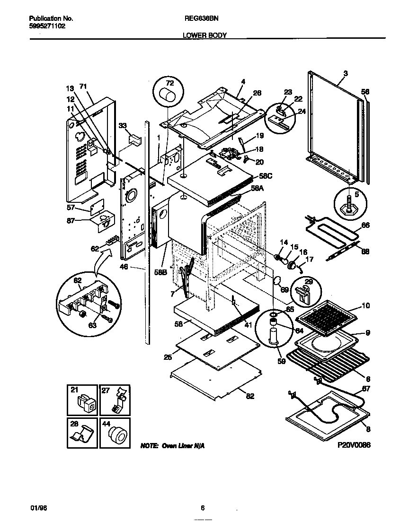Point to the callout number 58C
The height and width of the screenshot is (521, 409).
click(266, 176)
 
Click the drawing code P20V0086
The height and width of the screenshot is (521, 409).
click(354, 445)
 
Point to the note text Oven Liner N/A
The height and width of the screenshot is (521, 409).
click(172, 446)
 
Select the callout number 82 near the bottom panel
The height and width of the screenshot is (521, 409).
click(250, 396)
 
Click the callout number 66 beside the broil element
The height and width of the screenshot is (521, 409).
click(365, 226)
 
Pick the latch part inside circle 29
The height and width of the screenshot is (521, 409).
click(302, 294)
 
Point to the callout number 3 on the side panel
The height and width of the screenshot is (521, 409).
click(345, 73)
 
